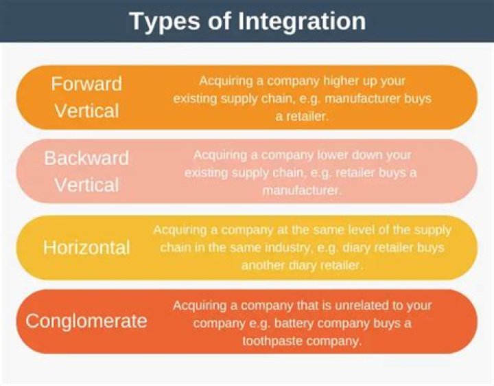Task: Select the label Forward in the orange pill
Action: pyautogui.click(x=86, y=84)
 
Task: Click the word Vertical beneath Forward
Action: pyautogui.click(x=86, y=111)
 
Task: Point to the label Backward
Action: pyautogui.click(x=86, y=158)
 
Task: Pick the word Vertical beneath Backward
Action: pyautogui.click(x=86, y=185)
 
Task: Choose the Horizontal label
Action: pyautogui.click(x=86, y=247)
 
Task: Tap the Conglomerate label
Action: pyautogui.click(x=86, y=321)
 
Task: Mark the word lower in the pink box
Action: pyautogui.click(x=340, y=155)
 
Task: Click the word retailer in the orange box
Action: pyautogui.click(x=303, y=117)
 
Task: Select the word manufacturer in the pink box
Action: pyautogui.click(x=301, y=191)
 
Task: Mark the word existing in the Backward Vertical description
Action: pyautogui.click(x=208, y=173)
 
